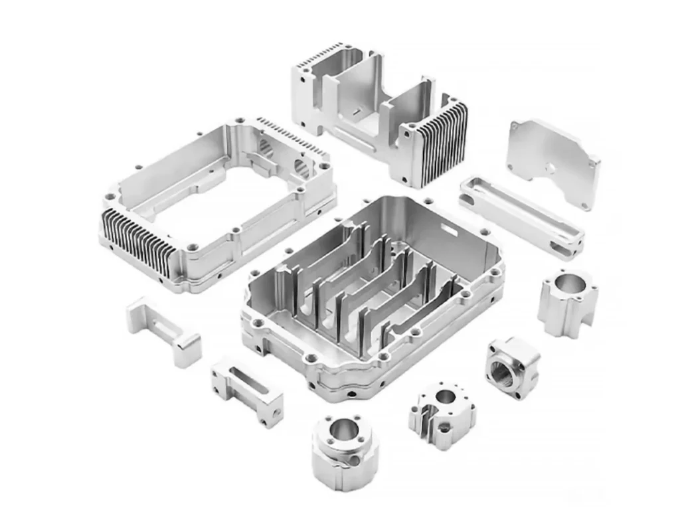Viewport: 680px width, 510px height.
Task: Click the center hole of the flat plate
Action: (x=551, y=168)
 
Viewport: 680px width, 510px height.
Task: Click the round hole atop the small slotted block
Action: (x=446, y=397)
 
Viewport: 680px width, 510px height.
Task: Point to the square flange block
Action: (x=512, y=368)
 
